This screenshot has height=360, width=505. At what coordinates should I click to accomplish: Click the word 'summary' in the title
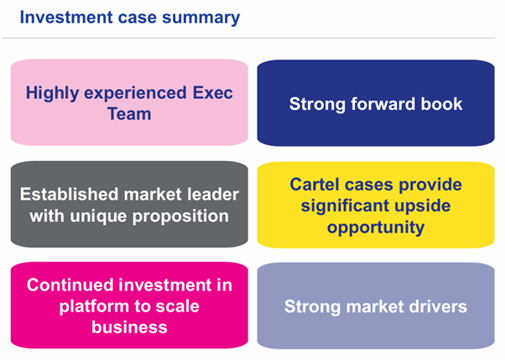[x=201, y=18]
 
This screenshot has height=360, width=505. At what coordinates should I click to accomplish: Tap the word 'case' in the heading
[x=138, y=18]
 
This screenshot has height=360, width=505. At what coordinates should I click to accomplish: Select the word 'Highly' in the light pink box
[x=53, y=93]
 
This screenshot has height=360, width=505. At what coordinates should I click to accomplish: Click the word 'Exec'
[x=212, y=93]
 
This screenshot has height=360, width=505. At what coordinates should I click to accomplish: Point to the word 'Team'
[x=129, y=114]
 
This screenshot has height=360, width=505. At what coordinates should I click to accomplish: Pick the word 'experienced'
[x=136, y=94]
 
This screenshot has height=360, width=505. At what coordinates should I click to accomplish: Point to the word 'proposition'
[x=180, y=217]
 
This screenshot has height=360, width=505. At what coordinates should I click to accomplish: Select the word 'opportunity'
[x=376, y=227]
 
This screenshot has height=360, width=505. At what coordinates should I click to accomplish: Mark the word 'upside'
[x=422, y=206]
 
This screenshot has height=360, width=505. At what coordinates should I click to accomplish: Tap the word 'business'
[x=129, y=327]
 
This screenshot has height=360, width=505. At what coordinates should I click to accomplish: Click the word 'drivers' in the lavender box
[x=438, y=306]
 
